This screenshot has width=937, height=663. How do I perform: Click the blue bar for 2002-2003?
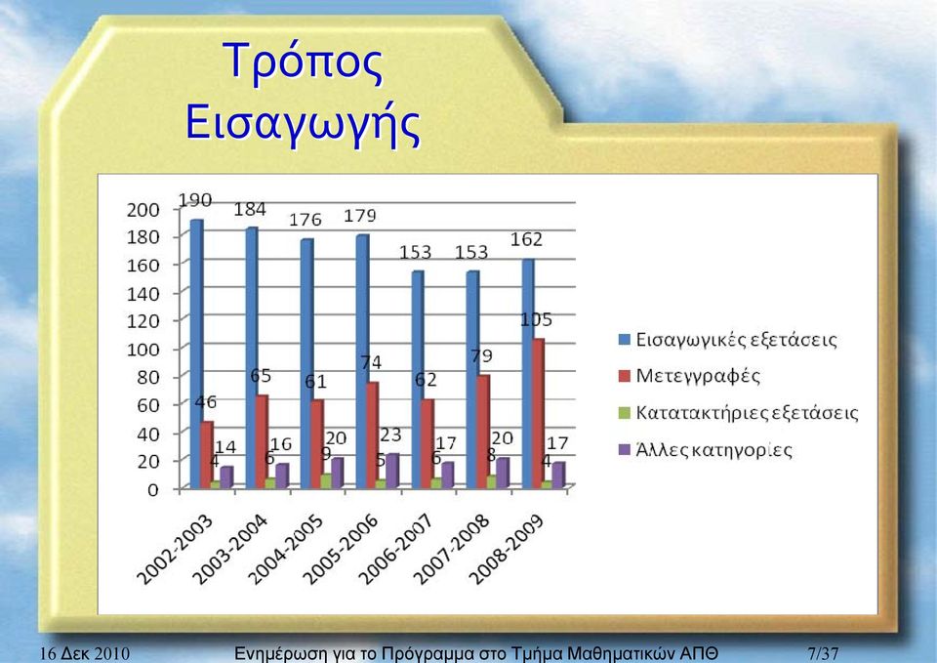pos(196,353)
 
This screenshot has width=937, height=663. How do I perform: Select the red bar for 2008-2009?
pos(538,413)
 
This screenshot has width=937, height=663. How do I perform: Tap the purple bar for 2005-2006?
pos(392,471)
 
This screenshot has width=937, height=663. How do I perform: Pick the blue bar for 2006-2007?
pos(418,380)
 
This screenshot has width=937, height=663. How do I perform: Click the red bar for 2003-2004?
pos(262,441)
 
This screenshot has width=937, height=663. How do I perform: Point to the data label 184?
pos(250,209)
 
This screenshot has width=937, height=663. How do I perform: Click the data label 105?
pos(536,320)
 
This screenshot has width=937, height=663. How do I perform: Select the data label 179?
pos(360,216)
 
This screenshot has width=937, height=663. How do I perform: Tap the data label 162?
pos(526,240)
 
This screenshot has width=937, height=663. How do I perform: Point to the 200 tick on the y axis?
pos(143,210)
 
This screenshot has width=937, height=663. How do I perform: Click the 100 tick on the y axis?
pos(143,350)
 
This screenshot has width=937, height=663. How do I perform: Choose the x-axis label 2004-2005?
pos(286,549)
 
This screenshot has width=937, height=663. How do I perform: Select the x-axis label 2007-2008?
pos(452,549)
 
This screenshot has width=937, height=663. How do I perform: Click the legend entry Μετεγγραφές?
pos(690,376)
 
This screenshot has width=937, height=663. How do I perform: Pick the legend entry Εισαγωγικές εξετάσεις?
pos(728,340)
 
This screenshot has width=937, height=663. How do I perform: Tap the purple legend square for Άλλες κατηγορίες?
pos(625,449)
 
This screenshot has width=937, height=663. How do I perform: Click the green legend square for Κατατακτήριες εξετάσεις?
pos(625,413)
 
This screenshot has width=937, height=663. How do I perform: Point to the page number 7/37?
pos(824,653)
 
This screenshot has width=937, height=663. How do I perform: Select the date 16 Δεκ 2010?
pos(84,653)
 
